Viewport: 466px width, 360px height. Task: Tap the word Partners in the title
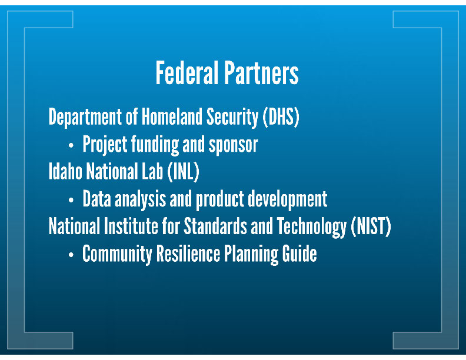pos(261,72)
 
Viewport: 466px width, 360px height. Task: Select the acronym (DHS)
pos(281,116)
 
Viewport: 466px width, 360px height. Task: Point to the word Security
pos(232,117)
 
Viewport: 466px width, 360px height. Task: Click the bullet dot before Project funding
pos(71,145)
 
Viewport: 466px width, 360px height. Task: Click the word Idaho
pos(65,171)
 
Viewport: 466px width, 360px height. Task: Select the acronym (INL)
pos(183,172)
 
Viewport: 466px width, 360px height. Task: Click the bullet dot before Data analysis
pos(71,200)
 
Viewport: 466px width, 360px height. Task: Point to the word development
pos(288,199)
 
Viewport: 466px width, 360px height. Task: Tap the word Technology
pos(311,226)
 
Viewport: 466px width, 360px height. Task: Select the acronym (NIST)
pos(371,226)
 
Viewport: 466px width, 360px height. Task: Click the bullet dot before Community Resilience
pos(71,255)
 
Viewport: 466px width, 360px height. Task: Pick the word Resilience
pos(188,254)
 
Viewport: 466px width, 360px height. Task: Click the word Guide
pos(299,254)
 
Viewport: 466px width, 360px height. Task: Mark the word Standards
pos(215,226)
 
